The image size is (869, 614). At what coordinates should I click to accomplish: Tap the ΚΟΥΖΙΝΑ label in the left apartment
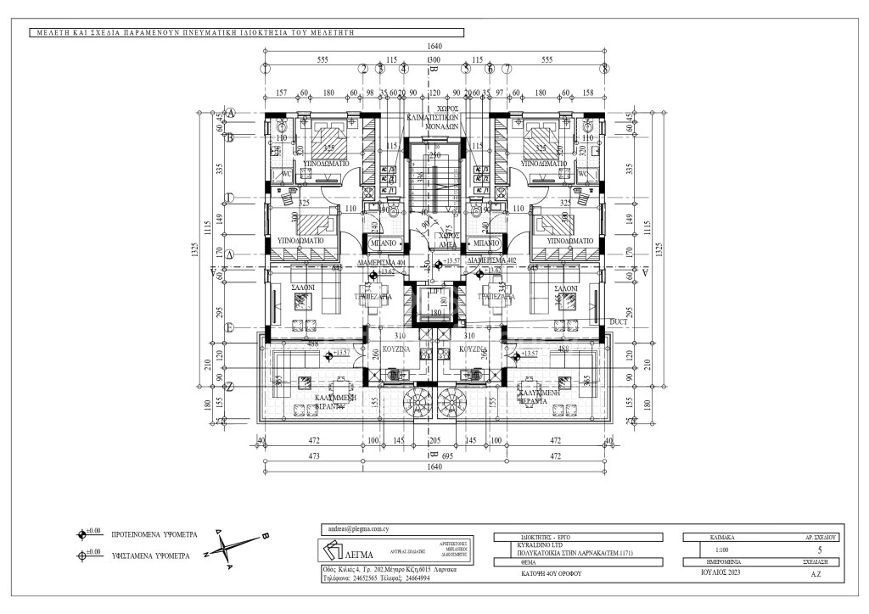tap(397, 349)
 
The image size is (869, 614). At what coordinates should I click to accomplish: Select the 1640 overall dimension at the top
tap(435, 45)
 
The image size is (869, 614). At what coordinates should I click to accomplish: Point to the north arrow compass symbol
tap(235, 546)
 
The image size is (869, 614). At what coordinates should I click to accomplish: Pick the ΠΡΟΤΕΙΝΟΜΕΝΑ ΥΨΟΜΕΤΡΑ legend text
tap(154, 536)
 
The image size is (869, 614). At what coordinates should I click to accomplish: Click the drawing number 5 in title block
tap(818, 549)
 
